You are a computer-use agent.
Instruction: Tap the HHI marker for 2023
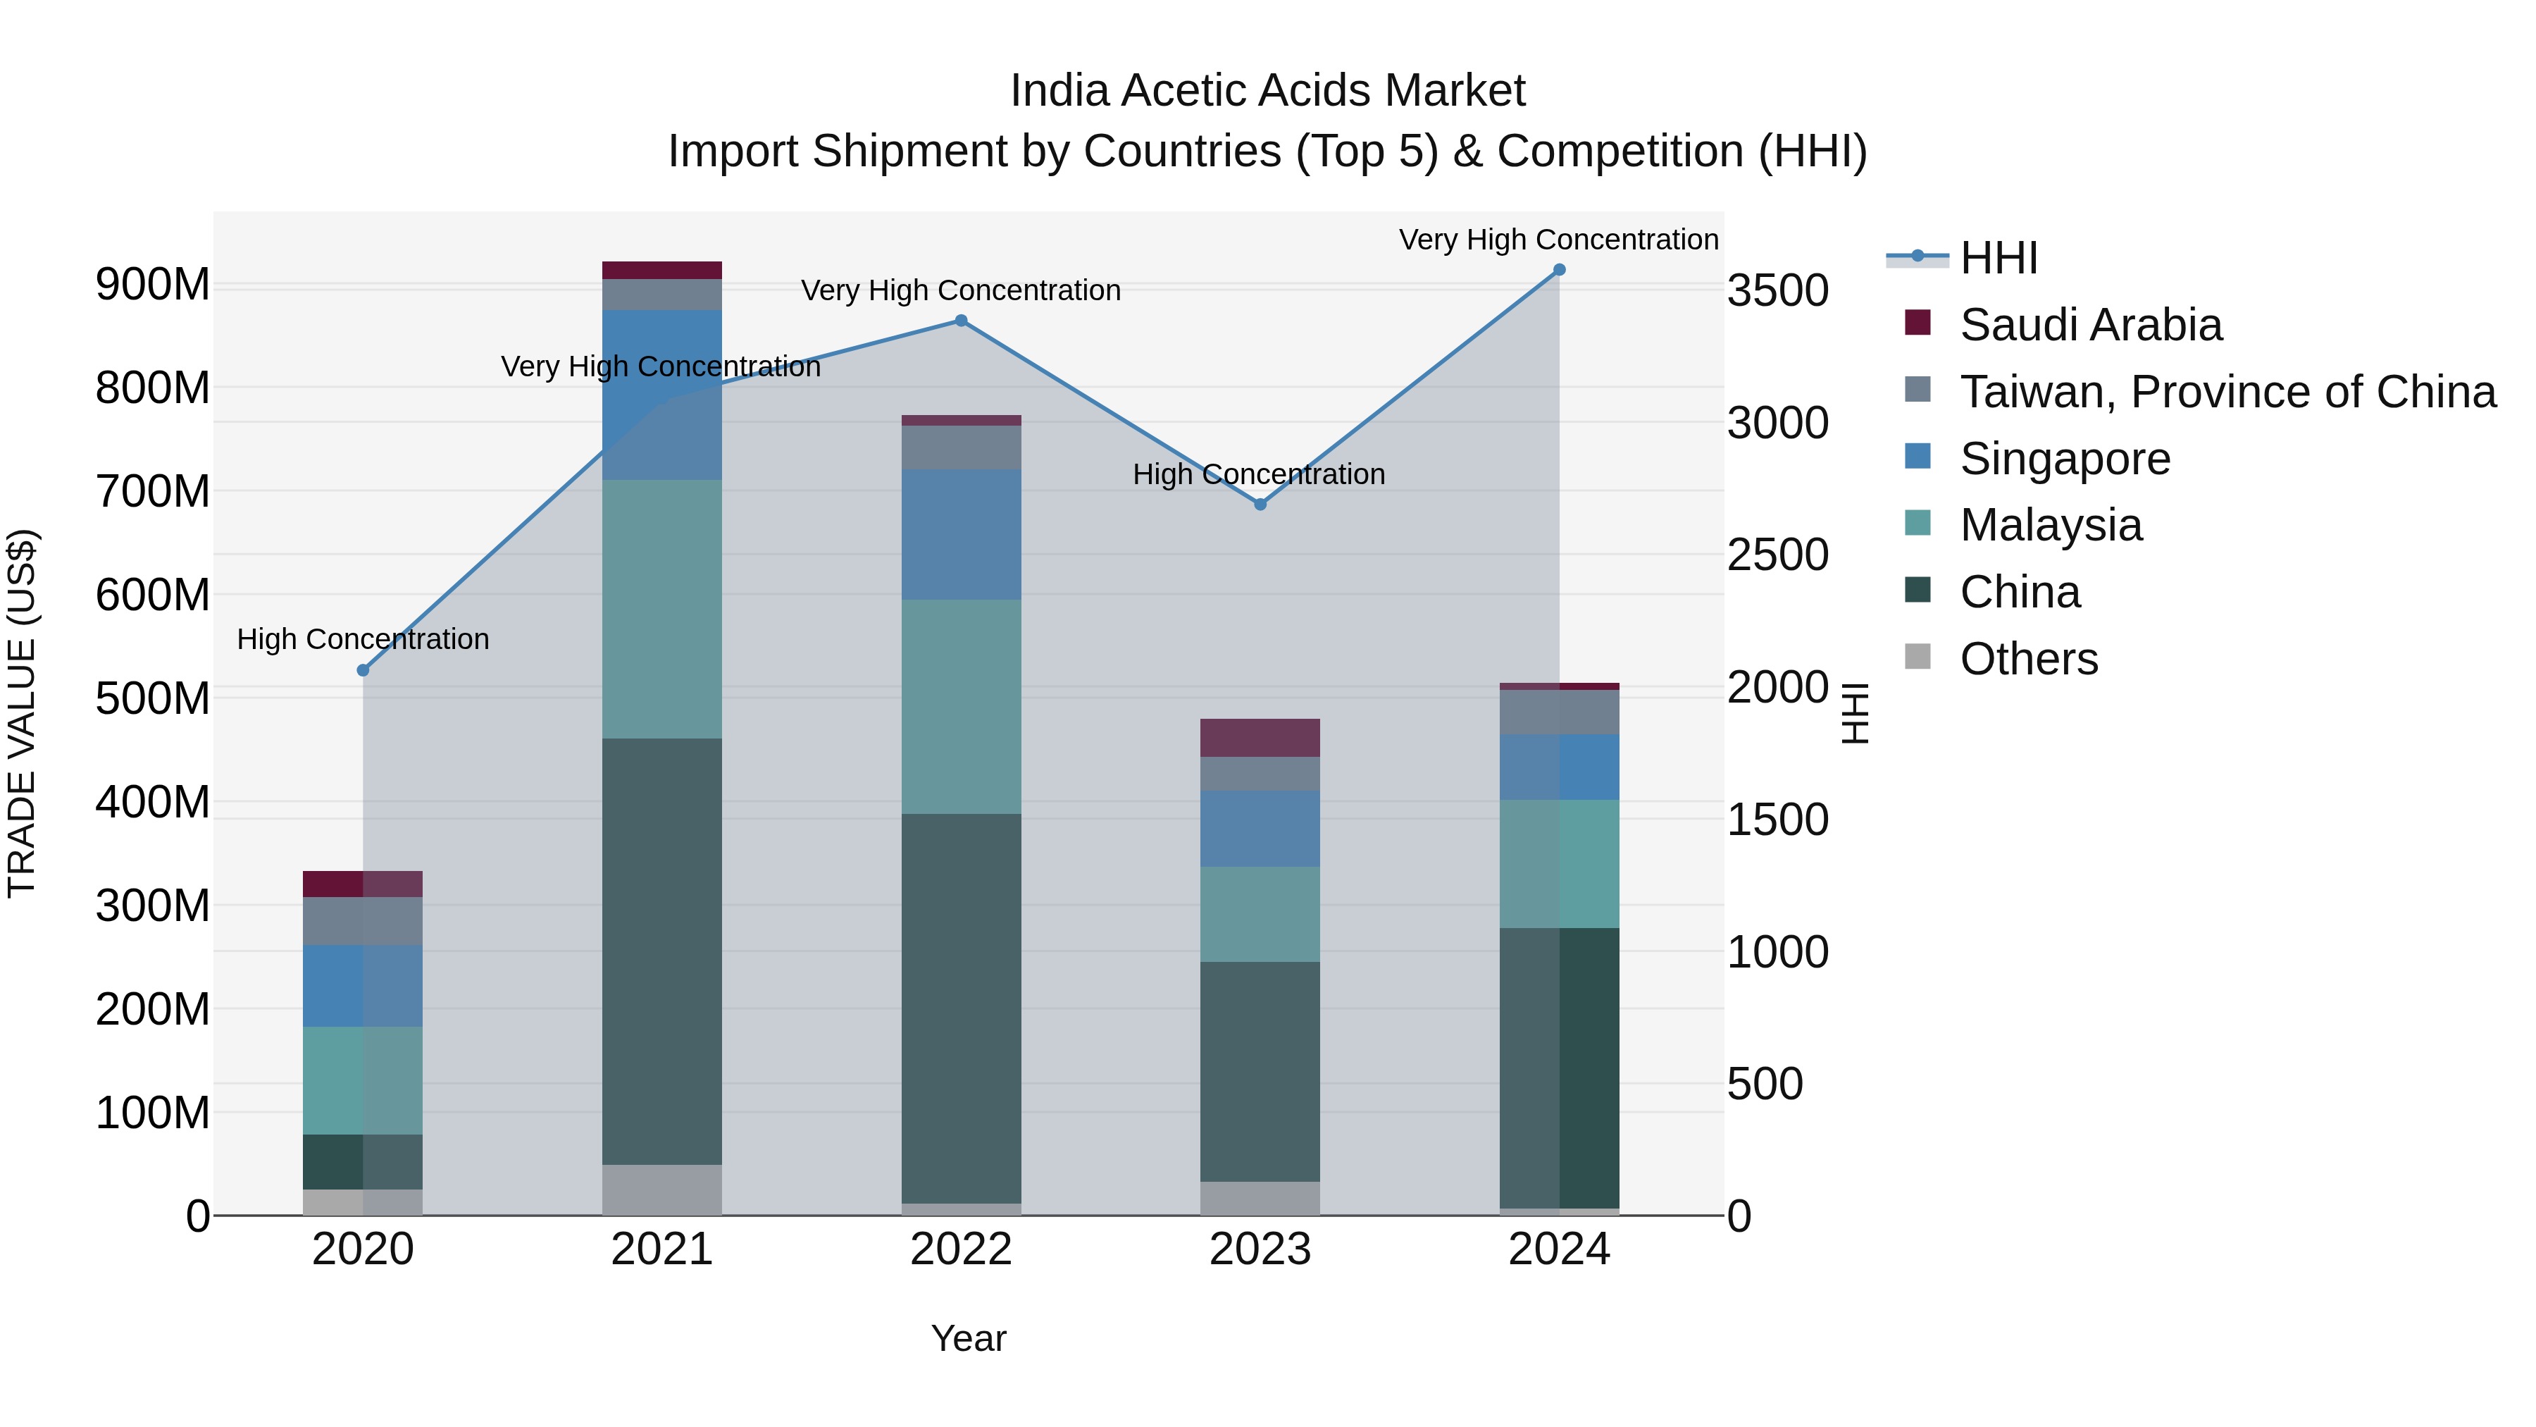pos(1260,505)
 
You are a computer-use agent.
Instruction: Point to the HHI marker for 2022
pos(962,321)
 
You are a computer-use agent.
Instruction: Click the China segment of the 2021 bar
pos(661,951)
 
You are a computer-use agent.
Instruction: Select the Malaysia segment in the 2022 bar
pos(962,706)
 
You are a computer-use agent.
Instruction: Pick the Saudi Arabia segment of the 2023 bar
pos(1260,738)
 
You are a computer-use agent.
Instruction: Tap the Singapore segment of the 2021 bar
pos(661,394)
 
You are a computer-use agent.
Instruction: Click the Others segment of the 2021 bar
pos(661,1190)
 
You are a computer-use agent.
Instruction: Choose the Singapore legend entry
pos(2065,459)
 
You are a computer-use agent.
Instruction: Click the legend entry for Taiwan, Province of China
pos(2227,392)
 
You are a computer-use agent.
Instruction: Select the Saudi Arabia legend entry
pos(2090,325)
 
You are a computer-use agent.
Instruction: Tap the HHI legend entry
pos(1998,258)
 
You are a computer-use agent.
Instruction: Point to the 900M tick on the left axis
pos(153,285)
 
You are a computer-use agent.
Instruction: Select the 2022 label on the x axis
pos(962,1249)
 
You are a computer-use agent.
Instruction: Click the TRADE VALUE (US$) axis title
pos(22,713)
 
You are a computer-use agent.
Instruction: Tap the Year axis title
pos(969,1338)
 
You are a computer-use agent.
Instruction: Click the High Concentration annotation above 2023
pos(1258,475)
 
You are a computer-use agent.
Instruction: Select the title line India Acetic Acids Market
pos(1267,91)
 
